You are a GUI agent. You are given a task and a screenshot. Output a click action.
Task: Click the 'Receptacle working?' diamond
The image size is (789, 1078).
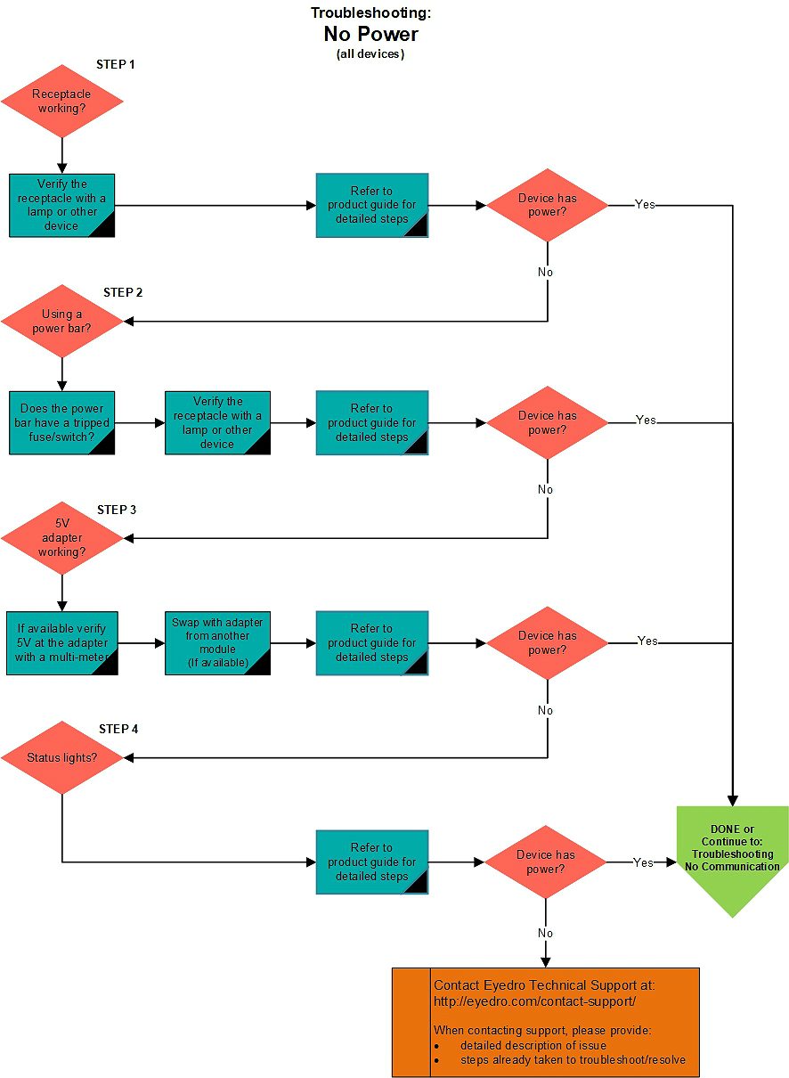pos(62,101)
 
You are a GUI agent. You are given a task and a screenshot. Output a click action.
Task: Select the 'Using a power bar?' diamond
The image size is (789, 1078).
pos(62,321)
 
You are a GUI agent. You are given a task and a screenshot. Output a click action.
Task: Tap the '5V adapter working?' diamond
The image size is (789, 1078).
pos(62,538)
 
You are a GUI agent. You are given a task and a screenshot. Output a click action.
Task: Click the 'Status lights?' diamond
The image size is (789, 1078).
pos(62,757)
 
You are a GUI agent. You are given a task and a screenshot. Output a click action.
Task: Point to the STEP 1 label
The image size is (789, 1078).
pos(116,64)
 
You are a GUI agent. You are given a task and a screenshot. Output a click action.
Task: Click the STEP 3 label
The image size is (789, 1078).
pos(117,510)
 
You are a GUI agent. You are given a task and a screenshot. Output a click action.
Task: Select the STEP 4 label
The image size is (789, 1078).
pos(118,729)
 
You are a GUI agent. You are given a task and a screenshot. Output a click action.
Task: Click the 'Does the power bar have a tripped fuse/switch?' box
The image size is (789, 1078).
pos(62,422)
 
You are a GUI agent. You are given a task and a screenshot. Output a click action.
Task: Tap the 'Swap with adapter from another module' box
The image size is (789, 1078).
pos(217,643)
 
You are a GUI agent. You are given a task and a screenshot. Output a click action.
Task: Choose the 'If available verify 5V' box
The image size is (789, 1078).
pos(62,643)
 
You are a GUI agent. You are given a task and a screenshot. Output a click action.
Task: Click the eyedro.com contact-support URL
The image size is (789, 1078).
pos(534,1001)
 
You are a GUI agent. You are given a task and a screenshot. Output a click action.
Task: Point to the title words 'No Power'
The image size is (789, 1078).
pos(371,34)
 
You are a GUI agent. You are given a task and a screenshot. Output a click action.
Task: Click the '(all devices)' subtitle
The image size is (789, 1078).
pos(370,53)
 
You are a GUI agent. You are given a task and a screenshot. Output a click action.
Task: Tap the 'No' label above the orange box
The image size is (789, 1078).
pos(545,933)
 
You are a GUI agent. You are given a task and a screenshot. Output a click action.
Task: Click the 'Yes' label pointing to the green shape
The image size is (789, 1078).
pos(643,862)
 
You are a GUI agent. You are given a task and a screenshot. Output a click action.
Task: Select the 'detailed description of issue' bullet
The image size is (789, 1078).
pos(533,1045)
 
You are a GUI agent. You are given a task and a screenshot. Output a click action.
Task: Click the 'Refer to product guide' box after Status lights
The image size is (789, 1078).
pos(372,862)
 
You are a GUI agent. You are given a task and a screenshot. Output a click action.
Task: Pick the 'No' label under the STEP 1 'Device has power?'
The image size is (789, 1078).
pos(545,272)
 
